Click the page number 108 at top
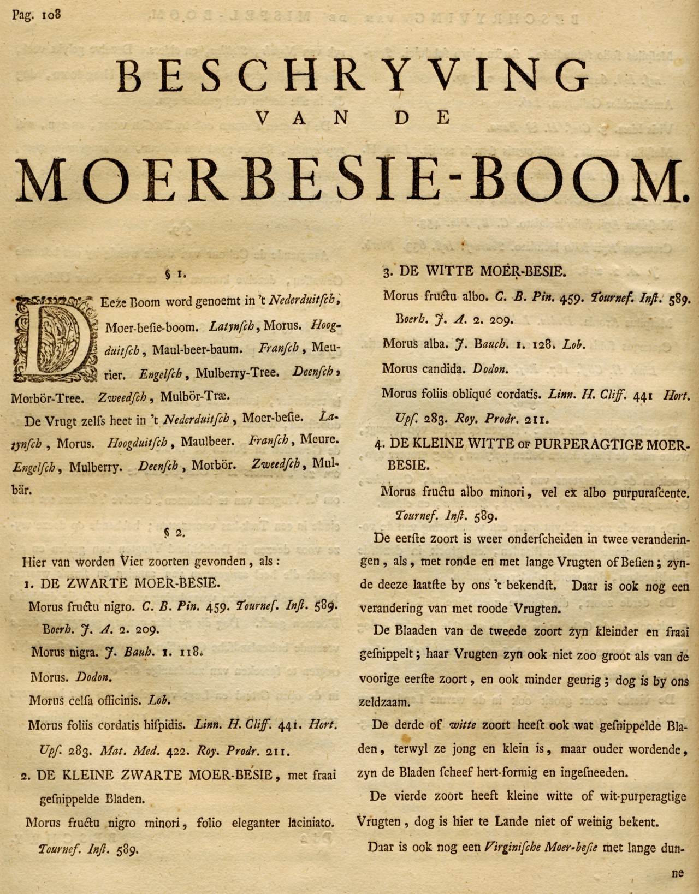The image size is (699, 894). pos(48,13)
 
